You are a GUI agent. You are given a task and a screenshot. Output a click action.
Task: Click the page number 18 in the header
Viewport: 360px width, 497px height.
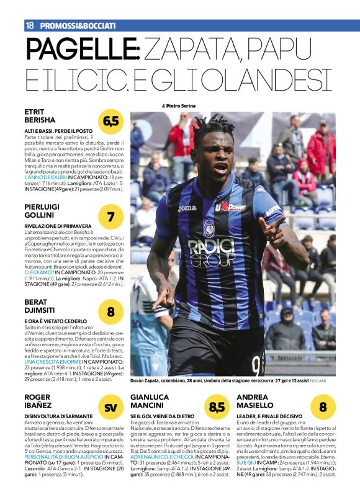(x=29, y=25)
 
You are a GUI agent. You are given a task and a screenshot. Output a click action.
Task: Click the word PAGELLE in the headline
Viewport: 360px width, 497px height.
(x=78, y=49)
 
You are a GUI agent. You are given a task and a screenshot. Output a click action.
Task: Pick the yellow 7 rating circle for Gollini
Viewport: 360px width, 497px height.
(x=111, y=217)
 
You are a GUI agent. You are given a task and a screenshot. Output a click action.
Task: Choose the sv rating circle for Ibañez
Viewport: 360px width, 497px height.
(x=111, y=407)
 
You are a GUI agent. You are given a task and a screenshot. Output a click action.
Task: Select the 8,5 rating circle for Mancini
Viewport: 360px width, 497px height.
(x=217, y=407)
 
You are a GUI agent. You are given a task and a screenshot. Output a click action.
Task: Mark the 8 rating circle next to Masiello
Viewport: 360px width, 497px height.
(x=323, y=407)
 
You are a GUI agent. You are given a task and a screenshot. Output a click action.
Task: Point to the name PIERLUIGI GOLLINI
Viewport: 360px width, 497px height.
(x=47, y=211)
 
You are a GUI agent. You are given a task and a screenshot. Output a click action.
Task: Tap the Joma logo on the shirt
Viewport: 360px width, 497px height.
(x=187, y=208)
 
